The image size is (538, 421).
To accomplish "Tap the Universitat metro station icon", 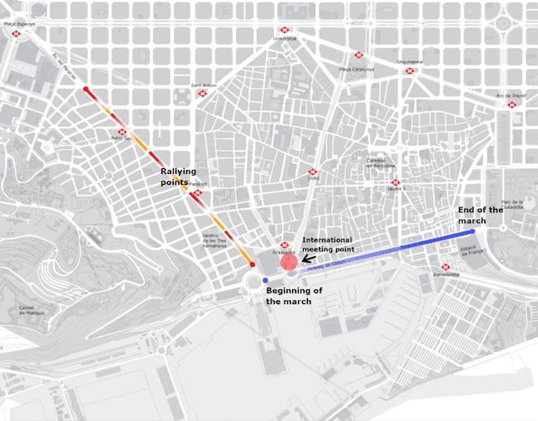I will (285, 30).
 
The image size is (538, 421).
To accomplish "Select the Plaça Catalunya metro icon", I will (358, 56).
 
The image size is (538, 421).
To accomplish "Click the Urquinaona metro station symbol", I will (409, 71).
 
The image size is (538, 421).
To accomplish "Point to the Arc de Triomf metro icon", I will (512, 104).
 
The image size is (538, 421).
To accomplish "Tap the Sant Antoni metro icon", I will (202, 94).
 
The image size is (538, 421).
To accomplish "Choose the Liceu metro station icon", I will (313, 172).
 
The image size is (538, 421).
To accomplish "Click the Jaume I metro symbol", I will (395, 182).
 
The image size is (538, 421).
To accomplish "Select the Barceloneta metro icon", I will (445, 267).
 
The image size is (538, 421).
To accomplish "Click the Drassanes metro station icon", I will (284, 245).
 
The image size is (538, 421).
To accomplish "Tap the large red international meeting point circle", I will (288, 263).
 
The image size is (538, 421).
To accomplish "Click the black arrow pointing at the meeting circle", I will (306, 259).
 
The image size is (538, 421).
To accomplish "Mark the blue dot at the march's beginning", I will (265, 281).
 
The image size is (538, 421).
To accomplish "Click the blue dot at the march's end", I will (472, 232).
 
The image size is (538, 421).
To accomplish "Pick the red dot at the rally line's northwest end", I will (85, 88).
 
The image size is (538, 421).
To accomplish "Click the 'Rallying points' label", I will (178, 177).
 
